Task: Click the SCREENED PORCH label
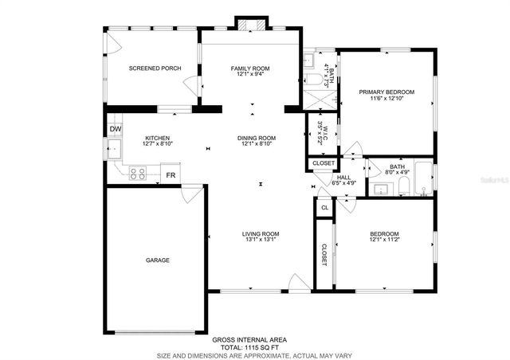pyautogui.click(x=155, y=68)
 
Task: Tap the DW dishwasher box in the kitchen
pyautogui.click(x=115, y=128)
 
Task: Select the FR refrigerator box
pyautogui.click(x=171, y=174)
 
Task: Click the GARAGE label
pyautogui.click(x=156, y=260)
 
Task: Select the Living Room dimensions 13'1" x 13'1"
pyautogui.click(x=261, y=240)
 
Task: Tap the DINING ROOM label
pyautogui.click(x=256, y=138)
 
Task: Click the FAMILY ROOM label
pyautogui.click(x=250, y=68)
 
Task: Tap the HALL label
pyautogui.click(x=344, y=178)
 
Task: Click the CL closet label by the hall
pyautogui.click(x=324, y=208)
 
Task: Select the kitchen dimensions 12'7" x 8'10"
pyautogui.click(x=156, y=144)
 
